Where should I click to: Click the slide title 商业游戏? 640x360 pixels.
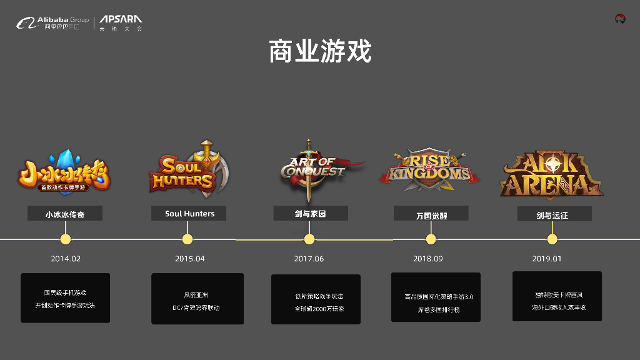[320, 51]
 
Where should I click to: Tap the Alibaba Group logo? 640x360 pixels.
[52, 24]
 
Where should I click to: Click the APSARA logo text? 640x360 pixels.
[121, 23]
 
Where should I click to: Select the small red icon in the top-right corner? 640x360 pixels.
[620, 19]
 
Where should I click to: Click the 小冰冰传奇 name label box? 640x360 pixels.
[65, 214]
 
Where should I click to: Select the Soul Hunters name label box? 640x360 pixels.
[189, 214]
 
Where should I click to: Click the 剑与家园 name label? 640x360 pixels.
[311, 214]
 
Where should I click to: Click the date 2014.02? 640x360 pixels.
[66, 259]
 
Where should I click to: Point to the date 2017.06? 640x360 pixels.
[309, 259]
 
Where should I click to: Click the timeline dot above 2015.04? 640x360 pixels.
[187, 239]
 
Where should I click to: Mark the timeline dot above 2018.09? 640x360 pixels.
[431, 239]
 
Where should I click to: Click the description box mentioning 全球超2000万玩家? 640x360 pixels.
[316, 299]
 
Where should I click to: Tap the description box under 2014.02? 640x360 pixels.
[65, 298]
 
